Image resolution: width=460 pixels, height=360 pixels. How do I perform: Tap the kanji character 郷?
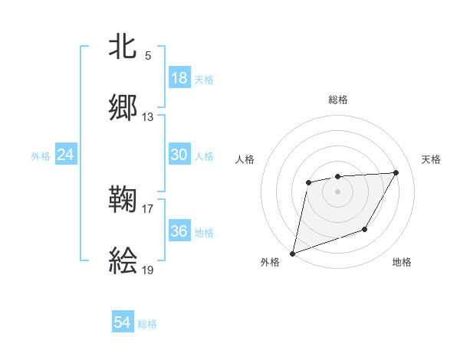123,107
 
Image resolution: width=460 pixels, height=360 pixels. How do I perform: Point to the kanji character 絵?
123,260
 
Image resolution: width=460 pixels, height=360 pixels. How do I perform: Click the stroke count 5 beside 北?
148,56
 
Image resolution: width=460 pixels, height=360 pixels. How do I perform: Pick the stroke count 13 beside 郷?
148,117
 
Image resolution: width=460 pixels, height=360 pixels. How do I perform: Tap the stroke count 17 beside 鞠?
148,208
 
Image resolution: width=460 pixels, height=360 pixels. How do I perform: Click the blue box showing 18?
179,78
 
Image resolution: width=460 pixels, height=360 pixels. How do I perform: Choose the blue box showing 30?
179,155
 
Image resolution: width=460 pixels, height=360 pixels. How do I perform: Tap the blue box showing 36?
179,231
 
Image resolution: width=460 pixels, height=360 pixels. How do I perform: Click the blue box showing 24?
66,155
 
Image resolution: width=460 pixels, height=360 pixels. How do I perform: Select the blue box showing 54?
123,322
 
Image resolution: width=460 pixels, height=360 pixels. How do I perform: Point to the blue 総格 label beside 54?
147,324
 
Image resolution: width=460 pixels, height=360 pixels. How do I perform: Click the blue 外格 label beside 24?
41,156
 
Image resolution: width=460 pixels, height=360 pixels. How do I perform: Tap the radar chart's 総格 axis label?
337,100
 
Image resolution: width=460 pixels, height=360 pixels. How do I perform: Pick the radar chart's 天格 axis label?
432,159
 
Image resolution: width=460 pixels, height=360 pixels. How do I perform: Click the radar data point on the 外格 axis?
293,253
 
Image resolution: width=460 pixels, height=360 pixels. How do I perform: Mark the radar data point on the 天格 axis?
396,173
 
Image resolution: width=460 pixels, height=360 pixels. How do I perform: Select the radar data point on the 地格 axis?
365,229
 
